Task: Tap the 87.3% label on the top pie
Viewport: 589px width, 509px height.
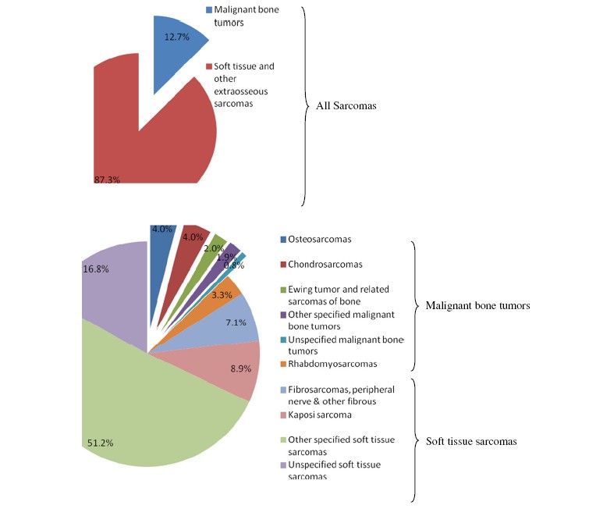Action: pyautogui.click(x=107, y=180)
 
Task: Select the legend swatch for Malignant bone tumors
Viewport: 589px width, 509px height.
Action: pyautogui.click(x=209, y=10)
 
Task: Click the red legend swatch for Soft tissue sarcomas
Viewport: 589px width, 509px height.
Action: pyautogui.click(x=209, y=67)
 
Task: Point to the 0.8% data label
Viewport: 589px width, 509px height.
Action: pyautogui.click(x=233, y=265)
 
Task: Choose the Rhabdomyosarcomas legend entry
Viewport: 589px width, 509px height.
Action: pyautogui.click(x=331, y=363)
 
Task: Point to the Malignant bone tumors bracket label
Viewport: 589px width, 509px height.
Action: pyautogui.click(x=477, y=305)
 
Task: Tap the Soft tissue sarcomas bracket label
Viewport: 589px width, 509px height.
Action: pyautogui.click(x=470, y=441)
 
